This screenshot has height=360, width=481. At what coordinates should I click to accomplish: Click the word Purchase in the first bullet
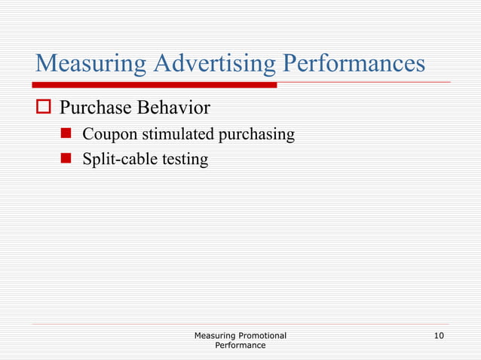point(97,109)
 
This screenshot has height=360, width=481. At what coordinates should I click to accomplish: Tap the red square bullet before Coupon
point(66,135)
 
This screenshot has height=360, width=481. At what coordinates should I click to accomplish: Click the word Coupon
point(106,135)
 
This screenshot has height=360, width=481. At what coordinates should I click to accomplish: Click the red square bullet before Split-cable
point(66,160)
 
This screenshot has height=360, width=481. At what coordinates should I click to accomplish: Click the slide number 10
point(439,335)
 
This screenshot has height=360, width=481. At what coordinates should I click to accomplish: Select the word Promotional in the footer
point(262,335)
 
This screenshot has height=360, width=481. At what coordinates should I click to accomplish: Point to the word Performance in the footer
point(240,345)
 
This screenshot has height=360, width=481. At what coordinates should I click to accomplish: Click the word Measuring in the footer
point(215,335)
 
